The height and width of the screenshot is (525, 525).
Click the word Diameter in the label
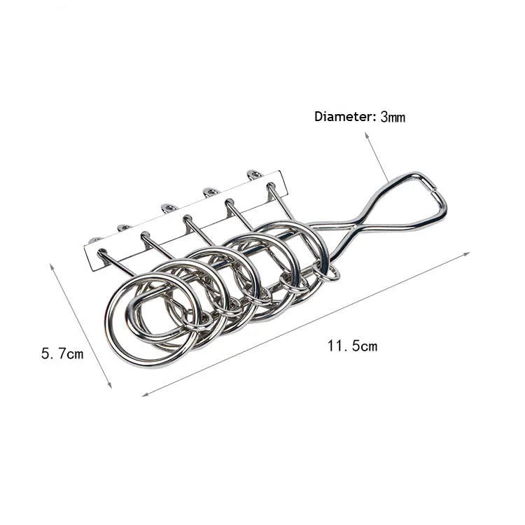(343, 116)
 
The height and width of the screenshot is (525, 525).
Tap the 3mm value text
(393, 117)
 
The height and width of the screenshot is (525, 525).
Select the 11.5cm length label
(352, 346)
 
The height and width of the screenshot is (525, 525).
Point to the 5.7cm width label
(62, 353)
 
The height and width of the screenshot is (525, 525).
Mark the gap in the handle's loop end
(433, 190)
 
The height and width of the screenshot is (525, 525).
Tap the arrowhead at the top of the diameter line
(367, 134)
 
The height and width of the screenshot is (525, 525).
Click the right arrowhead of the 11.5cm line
(466, 254)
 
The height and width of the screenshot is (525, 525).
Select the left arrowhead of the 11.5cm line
(145, 394)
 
